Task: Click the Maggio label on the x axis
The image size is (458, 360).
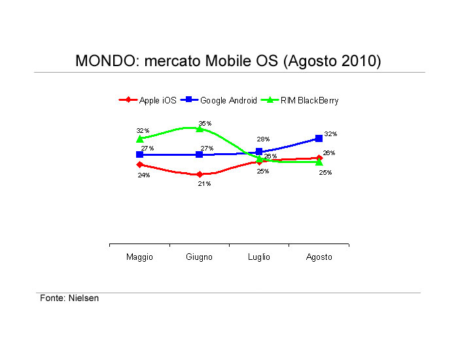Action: (x=139, y=257)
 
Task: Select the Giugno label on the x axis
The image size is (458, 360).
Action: (x=199, y=257)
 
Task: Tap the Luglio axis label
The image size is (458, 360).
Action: (x=259, y=257)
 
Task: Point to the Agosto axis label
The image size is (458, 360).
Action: (x=319, y=257)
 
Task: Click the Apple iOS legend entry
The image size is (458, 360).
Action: (x=147, y=100)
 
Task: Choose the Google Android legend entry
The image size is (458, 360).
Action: (x=219, y=100)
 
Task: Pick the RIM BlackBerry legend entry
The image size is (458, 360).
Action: (x=300, y=100)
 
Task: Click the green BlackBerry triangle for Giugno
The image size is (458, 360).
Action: (x=200, y=128)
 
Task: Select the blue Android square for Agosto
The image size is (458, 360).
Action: (x=319, y=139)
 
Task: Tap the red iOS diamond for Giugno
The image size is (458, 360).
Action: (x=200, y=175)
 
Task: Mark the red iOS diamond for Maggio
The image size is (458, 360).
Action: (x=140, y=164)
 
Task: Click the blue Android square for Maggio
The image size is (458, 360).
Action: (x=139, y=154)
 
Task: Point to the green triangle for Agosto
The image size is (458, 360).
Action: (x=319, y=162)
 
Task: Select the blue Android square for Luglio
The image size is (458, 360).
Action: (x=259, y=151)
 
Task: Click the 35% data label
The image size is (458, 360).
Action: (x=205, y=123)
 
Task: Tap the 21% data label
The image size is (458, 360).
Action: (x=204, y=183)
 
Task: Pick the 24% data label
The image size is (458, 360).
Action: (x=144, y=175)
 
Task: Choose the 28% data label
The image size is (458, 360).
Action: (x=263, y=139)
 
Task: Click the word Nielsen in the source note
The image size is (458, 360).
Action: (x=84, y=298)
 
